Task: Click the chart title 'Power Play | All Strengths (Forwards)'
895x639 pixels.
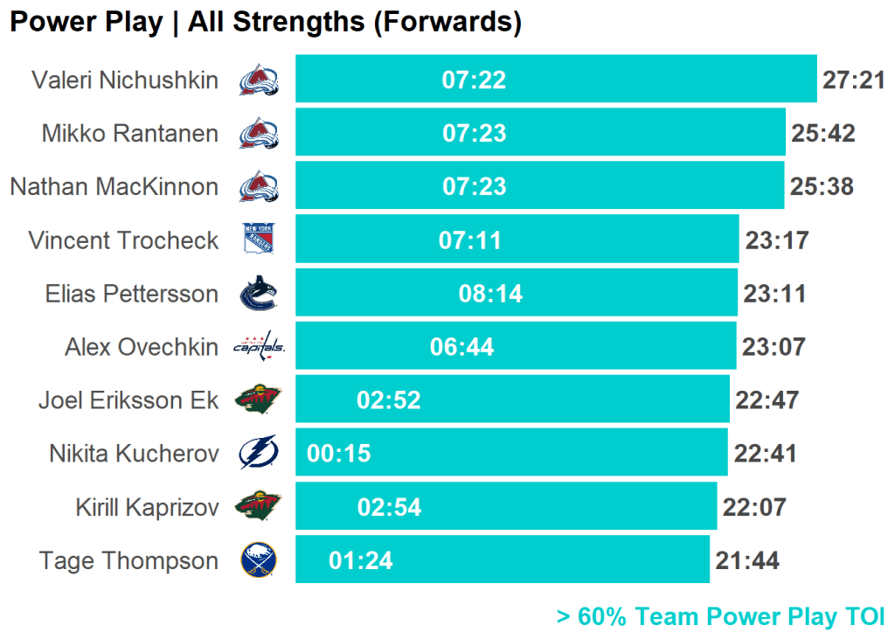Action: point(266,22)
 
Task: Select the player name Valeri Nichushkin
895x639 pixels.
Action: point(125,80)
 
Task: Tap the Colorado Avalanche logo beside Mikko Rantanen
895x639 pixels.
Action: point(259,134)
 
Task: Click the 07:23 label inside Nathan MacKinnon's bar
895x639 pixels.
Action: point(475,187)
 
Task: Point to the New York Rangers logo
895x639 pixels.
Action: point(259,240)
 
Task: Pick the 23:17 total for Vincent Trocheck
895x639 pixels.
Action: point(777,240)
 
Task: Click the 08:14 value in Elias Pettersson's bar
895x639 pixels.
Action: point(490,294)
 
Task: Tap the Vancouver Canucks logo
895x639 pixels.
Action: point(259,294)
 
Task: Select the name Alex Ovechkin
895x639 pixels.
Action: point(142,347)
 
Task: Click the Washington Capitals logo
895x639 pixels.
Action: point(259,347)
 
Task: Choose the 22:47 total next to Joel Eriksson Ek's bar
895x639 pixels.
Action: point(767,400)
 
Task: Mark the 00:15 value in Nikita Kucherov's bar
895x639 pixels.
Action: point(339,454)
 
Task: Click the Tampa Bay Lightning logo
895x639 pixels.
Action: point(259,454)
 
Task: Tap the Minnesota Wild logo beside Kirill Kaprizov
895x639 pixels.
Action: point(259,507)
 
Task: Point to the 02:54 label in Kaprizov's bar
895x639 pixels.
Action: point(389,507)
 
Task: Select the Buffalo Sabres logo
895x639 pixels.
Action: point(259,560)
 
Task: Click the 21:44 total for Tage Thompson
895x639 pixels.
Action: point(747,560)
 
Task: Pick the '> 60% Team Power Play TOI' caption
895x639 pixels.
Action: point(721,617)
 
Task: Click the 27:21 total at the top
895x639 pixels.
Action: point(854,80)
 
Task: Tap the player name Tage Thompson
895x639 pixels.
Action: point(128,560)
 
